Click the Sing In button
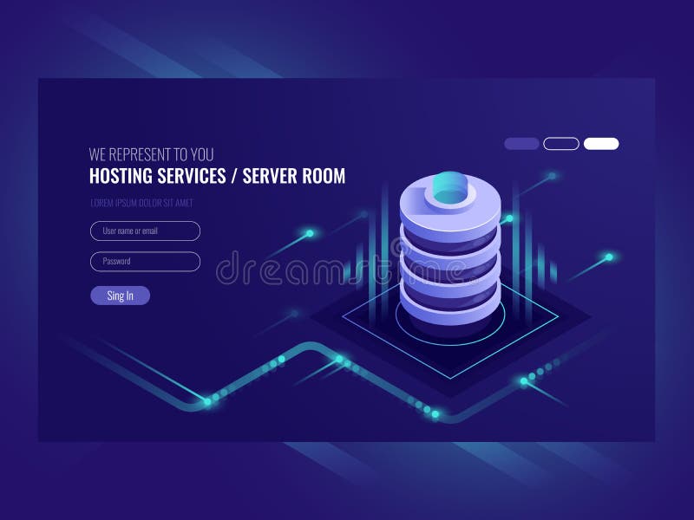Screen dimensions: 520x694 click(x=120, y=296)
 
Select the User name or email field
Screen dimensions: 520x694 click(x=145, y=231)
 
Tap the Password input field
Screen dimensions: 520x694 click(x=145, y=261)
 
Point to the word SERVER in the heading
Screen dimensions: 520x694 click(x=270, y=176)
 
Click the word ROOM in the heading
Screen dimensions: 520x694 click(x=324, y=176)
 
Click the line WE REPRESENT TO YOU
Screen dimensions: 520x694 click(x=151, y=155)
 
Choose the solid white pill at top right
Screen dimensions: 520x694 click(x=601, y=144)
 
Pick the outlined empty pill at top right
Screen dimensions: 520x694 click(x=561, y=144)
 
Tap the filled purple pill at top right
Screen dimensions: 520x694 click(x=521, y=144)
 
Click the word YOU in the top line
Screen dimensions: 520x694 click(x=201, y=155)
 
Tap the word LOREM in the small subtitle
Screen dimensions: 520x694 click(x=101, y=203)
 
